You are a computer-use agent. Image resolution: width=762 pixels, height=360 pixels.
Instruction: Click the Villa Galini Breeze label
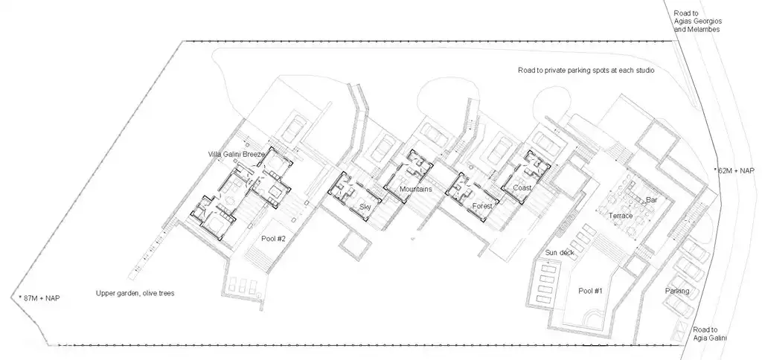tap(237, 154)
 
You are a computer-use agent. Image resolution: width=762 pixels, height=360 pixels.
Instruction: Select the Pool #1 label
tap(589, 290)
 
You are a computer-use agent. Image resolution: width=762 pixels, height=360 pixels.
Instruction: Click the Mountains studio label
tap(415, 190)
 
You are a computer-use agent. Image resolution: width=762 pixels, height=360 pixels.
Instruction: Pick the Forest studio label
tap(482, 206)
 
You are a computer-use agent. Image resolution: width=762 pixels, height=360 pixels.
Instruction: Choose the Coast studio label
tap(522, 188)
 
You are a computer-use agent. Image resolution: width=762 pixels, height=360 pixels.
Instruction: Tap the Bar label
tap(652, 200)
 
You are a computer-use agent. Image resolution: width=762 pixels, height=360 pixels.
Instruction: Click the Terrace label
tap(621, 215)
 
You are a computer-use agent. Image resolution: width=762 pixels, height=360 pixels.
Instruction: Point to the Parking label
tap(677, 291)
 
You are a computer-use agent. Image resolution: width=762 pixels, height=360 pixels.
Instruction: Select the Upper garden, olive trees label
tap(135, 293)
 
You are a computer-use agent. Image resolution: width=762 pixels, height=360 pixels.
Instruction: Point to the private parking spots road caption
tap(592, 71)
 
